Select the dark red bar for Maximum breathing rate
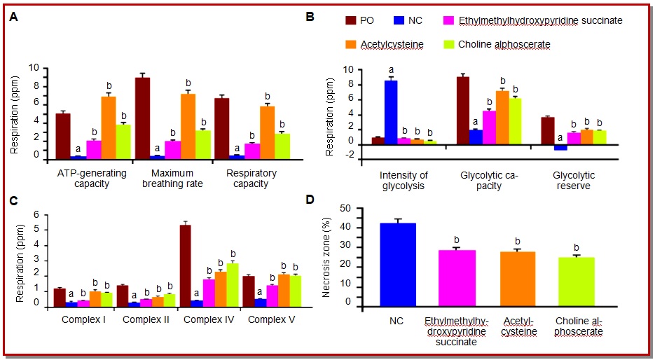tap(142, 118)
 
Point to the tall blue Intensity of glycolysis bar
tap(391, 112)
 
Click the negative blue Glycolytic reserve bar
tap(560, 147)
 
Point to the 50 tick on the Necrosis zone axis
tap(343, 208)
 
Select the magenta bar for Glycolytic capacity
tap(489, 127)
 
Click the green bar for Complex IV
tap(232, 282)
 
